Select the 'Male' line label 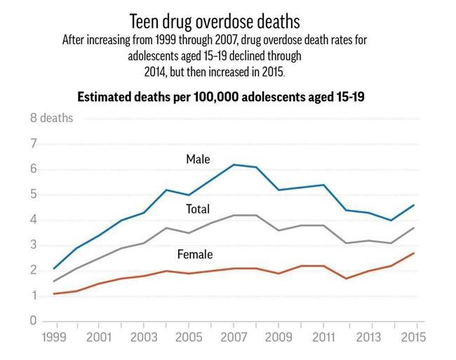click(x=198, y=159)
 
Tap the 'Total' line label click(x=198, y=209)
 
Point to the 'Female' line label click(x=194, y=254)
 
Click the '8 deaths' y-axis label click(x=51, y=118)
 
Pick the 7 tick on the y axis click(x=33, y=144)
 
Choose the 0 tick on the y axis click(x=33, y=321)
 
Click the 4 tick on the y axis click(x=33, y=220)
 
